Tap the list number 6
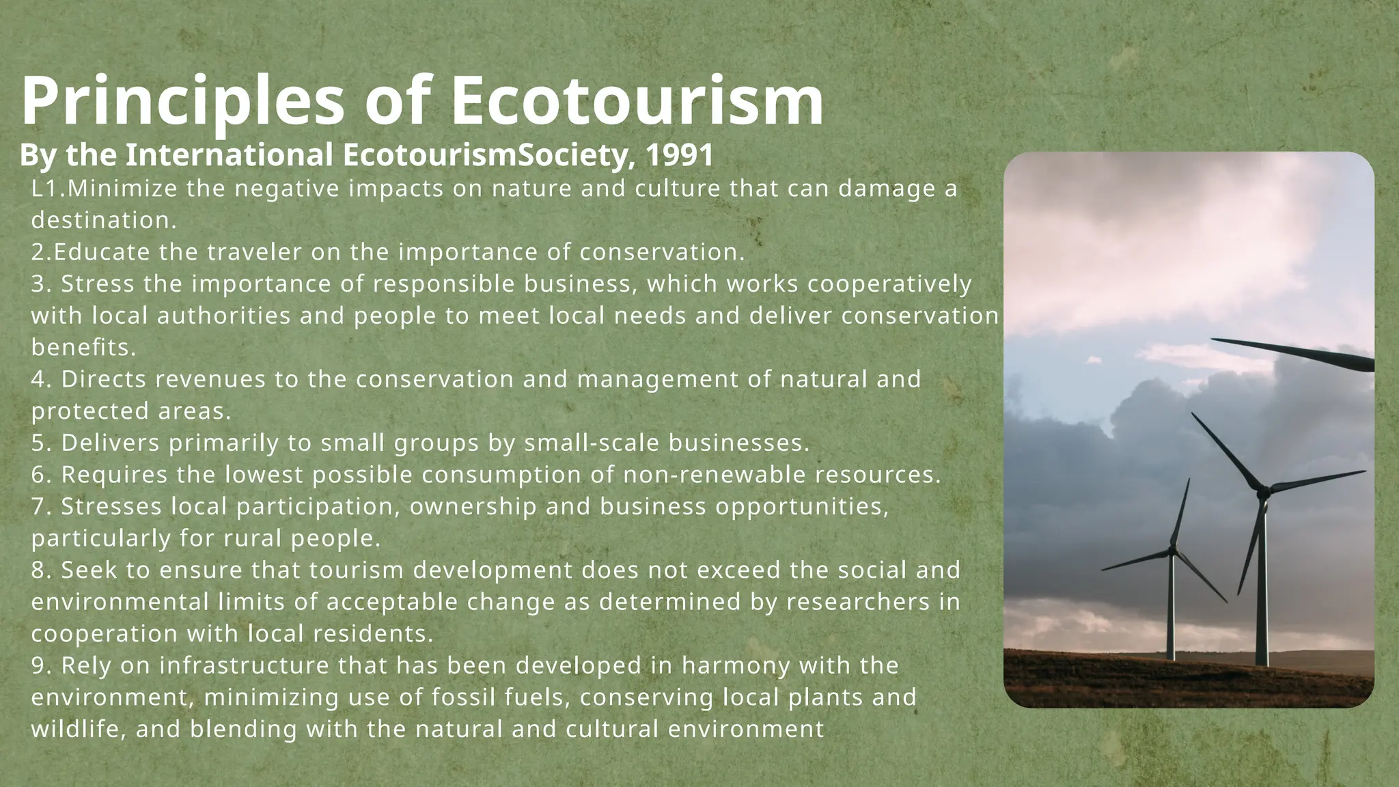[x=38, y=475]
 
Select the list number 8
[x=38, y=570]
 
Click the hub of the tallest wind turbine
[x=1264, y=490]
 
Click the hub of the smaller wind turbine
[x=1173, y=551]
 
